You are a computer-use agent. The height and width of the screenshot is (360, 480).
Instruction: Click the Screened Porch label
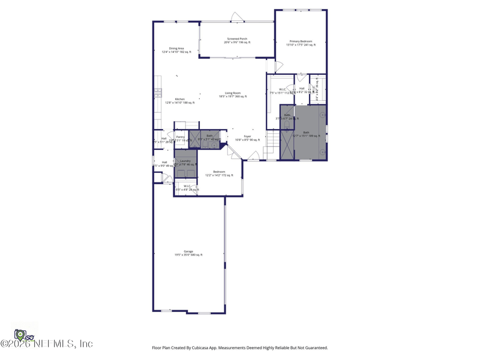point(237,39)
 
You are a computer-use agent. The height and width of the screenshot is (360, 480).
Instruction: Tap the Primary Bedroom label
point(301,41)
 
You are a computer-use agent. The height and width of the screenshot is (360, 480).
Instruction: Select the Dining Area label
point(176,49)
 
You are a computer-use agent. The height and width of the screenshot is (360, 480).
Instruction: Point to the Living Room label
point(233,93)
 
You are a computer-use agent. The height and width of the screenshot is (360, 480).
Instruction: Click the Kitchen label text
point(180,99)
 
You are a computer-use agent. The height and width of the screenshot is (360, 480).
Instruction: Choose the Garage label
point(188,251)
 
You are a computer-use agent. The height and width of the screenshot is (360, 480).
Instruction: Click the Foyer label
point(247,136)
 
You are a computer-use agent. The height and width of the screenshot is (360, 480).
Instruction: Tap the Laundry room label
point(185,161)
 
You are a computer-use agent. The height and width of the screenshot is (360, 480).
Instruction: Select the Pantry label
point(180,137)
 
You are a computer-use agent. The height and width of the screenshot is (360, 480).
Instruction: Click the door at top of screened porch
point(237,17)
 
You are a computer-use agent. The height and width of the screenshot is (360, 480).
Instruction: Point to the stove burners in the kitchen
point(158,92)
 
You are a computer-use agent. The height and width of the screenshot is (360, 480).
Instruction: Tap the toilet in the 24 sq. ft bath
point(287,125)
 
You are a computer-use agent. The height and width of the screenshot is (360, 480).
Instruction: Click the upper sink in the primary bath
point(323,115)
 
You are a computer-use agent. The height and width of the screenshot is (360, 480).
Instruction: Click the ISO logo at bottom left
point(23,335)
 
